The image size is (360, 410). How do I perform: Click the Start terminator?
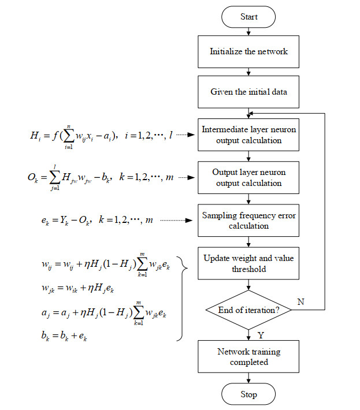coord(248,17)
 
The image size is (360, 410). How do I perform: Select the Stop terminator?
coord(248,394)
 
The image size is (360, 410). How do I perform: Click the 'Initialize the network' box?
coord(248,52)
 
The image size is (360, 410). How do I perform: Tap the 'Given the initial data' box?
coord(248,92)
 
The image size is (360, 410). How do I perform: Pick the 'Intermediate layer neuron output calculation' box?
coord(248,135)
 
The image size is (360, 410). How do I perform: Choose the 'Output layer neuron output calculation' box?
coord(248,178)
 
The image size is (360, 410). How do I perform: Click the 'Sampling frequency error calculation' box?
coord(248,221)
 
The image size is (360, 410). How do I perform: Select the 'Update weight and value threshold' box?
coord(248,263)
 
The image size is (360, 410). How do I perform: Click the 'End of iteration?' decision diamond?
coord(248,310)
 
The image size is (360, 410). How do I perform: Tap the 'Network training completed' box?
coord(248,357)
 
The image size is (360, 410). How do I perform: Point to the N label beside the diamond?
coord(301,302)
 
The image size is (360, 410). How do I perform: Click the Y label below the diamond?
coord(261,335)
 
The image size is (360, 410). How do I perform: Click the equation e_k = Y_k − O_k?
coord(97,221)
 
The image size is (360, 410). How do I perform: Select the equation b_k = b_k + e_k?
coord(64,336)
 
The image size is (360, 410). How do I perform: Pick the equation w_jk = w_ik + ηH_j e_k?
coord(77,288)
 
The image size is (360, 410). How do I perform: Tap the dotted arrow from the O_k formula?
coord(187,177)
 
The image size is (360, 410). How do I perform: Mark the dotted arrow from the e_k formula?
coord(176,221)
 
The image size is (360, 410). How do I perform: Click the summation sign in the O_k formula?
coord(54,177)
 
